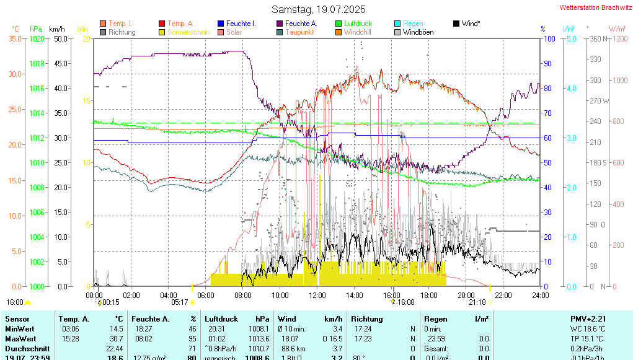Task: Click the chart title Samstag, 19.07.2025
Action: (319, 9)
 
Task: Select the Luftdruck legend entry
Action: (358, 24)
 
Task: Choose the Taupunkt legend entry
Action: (300, 32)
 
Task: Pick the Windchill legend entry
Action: (358, 32)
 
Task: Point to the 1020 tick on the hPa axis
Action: (37, 38)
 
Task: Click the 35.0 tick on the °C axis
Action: (15, 38)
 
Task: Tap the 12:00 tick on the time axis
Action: (317, 295)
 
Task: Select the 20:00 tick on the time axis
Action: (466, 295)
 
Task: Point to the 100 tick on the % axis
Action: (548, 38)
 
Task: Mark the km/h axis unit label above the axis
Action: (56, 29)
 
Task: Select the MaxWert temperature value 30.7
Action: (116, 339)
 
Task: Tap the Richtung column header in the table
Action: (367, 319)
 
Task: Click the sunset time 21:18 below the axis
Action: (477, 302)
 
